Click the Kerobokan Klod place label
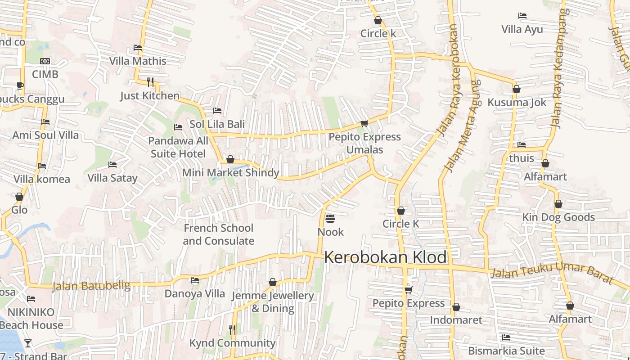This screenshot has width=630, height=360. (x=385, y=257)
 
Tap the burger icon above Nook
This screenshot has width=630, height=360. (x=330, y=219)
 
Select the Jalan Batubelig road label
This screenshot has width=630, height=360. (x=91, y=286)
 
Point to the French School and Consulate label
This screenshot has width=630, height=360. (x=218, y=234)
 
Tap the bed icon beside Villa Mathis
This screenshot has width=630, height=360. (x=138, y=48)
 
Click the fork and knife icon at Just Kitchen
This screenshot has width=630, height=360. (x=150, y=82)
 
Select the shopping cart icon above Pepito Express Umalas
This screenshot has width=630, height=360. (x=364, y=123)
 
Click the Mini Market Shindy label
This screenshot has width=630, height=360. (x=230, y=173)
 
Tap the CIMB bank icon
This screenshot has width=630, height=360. (x=45, y=61)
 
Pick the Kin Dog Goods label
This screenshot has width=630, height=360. (x=558, y=217)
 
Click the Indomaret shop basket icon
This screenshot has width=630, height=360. (x=456, y=307)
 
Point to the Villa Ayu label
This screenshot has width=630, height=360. (x=522, y=29)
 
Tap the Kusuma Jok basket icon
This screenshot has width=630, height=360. (x=517, y=89)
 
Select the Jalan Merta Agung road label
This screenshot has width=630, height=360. (x=462, y=126)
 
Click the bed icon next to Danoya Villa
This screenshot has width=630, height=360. (x=195, y=280)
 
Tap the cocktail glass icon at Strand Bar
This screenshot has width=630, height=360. (x=28, y=343)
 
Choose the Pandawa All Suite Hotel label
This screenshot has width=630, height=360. (x=178, y=147)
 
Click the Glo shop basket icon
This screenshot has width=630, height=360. (x=19, y=197)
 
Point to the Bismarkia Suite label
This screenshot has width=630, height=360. (x=506, y=351)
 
